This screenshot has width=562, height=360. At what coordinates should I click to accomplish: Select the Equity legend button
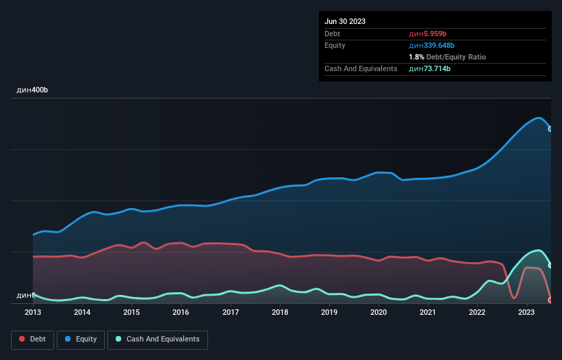81,339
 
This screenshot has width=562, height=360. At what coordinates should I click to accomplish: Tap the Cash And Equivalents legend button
157,339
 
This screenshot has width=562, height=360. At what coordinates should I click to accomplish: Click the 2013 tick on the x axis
33,312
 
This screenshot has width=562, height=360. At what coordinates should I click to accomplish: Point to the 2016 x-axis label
181,312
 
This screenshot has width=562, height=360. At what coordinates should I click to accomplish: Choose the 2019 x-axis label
329,312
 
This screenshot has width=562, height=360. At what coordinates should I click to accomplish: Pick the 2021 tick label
428,312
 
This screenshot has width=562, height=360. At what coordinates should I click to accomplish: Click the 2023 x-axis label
526,312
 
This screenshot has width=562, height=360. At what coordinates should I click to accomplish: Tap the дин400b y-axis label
32,90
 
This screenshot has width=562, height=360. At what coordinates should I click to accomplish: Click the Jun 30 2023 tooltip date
345,21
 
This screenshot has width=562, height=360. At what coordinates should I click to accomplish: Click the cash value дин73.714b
430,68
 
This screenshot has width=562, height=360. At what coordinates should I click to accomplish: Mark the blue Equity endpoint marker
550,129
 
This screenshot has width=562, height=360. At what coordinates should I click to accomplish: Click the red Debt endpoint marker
550,300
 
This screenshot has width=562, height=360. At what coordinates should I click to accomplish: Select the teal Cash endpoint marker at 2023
550,265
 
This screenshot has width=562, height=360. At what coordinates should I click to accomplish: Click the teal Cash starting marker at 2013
33,295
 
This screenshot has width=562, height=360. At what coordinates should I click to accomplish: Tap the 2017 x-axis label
231,312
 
